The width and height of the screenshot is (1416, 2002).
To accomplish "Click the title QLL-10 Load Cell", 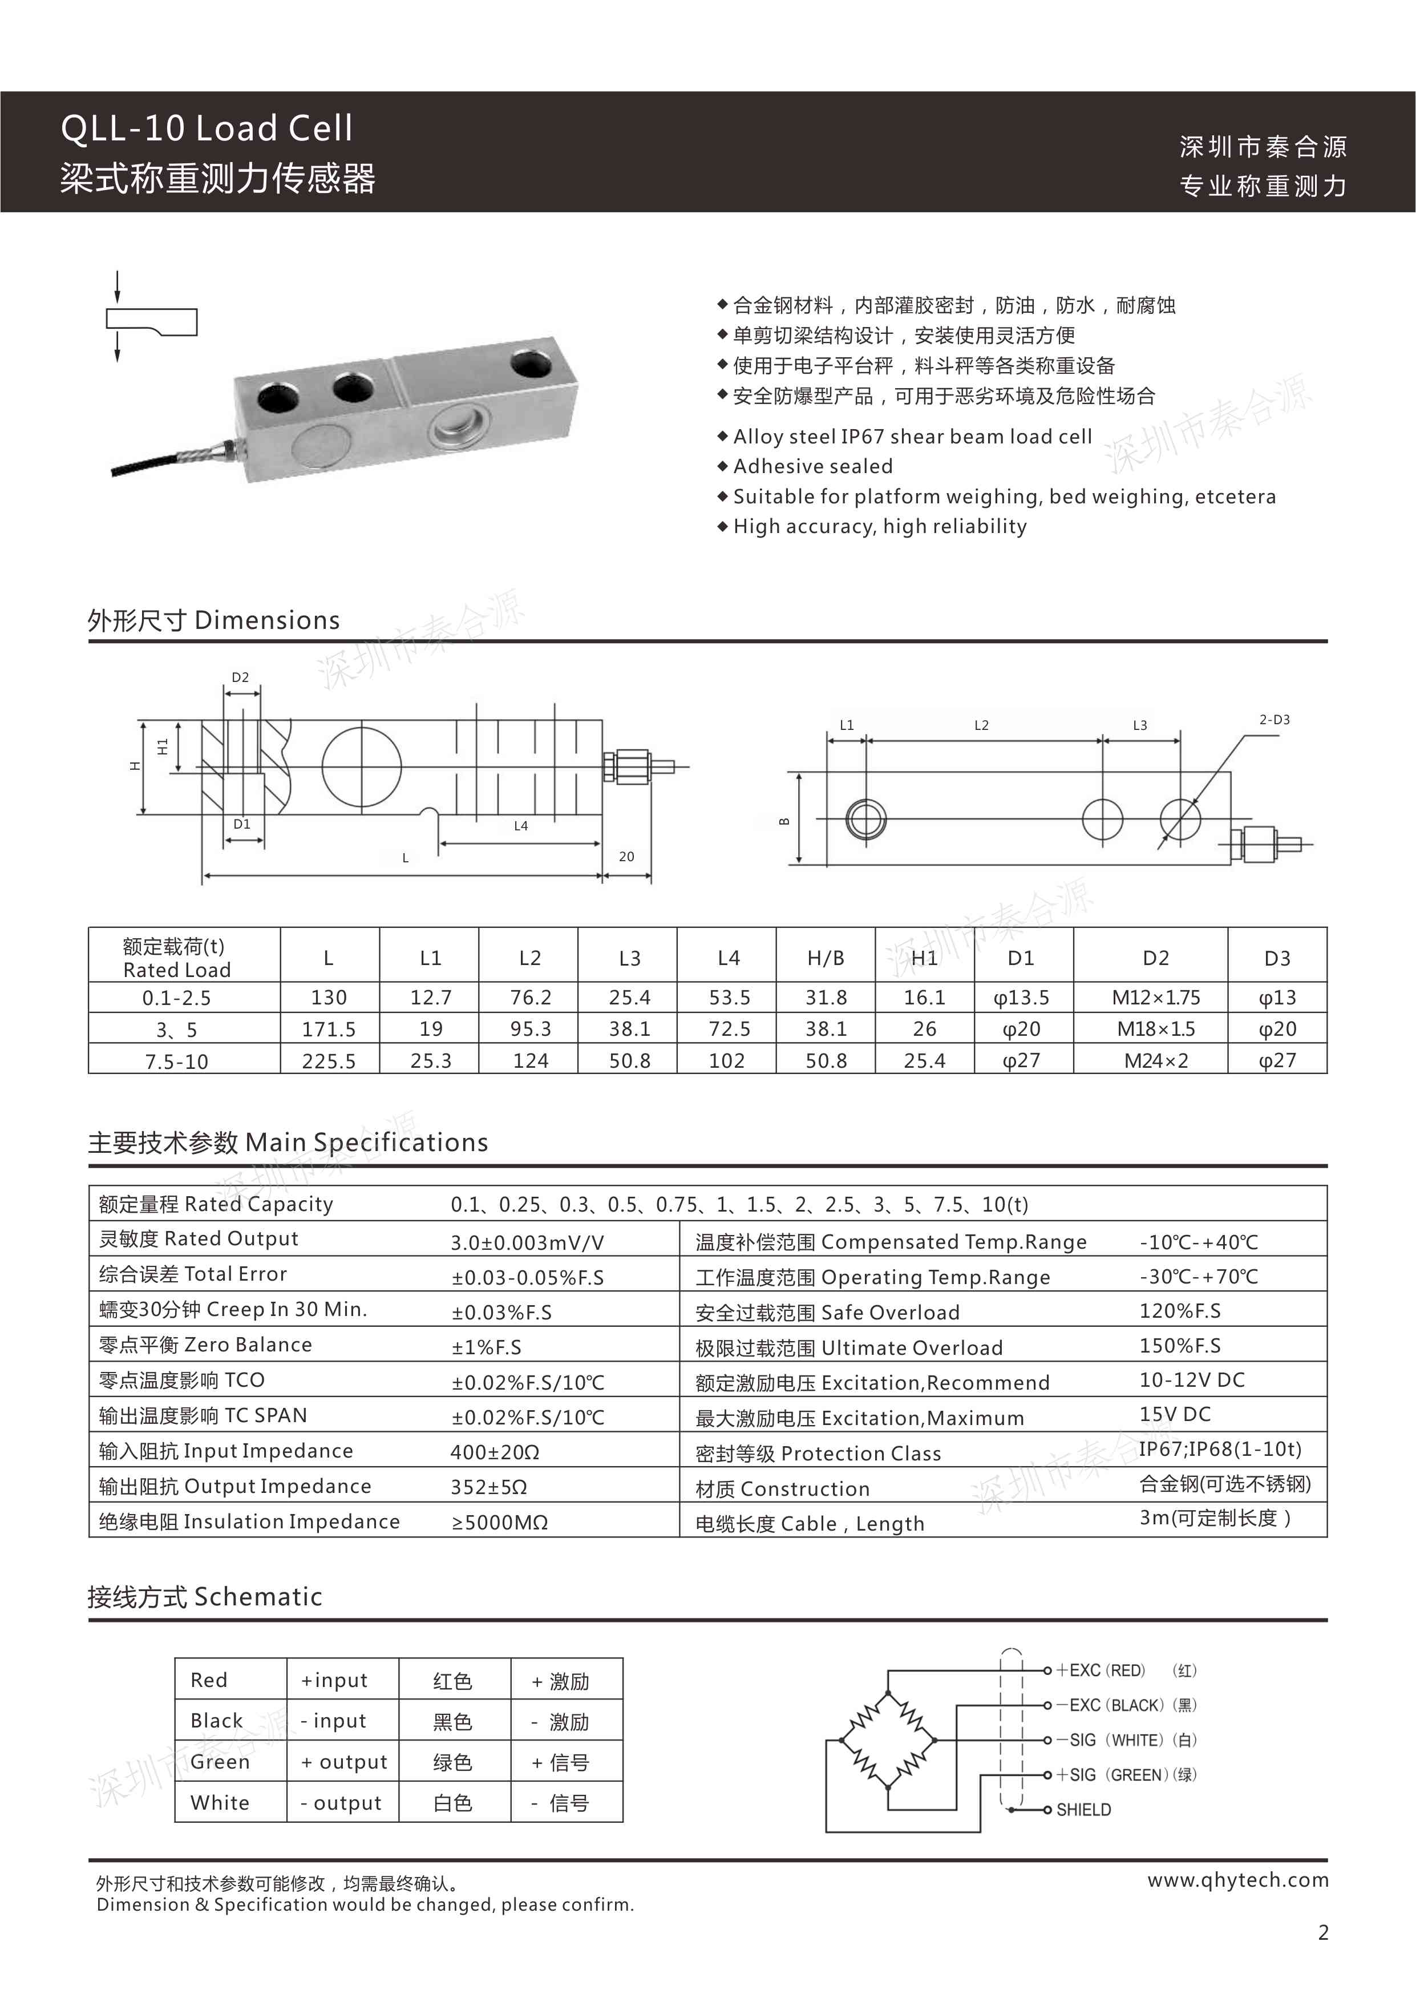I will (x=207, y=128).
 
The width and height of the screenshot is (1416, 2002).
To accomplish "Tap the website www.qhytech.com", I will (x=1237, y=1880).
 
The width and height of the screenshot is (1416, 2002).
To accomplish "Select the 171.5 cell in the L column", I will (x=329, y=1029).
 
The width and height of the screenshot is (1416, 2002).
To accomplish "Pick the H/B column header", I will (x=825, y=958).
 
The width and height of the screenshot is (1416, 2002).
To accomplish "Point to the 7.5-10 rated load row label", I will (x=176, y=1061).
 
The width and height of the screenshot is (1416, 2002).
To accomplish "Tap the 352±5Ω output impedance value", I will (x=488, y=1487).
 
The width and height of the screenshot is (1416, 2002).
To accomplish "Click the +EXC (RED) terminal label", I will (x=1101, y=1670).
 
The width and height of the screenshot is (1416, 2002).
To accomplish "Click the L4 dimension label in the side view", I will (x=520, y=826).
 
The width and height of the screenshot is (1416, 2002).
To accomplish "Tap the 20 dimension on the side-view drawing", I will (x=626, y=856).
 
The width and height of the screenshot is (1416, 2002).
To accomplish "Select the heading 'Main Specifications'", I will (x=367, y=1143).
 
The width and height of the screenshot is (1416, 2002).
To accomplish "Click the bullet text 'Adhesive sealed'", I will (x=812, y=466).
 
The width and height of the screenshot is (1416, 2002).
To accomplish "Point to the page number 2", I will (x=1322, y=1933).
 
